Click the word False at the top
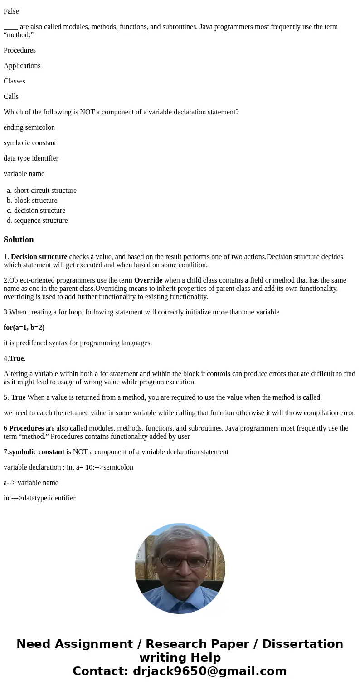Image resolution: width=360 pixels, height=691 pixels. [x=11, y=11]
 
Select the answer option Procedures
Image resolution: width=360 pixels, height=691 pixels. [x=19, y=50]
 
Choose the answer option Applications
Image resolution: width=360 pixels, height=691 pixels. [x=22, y=66]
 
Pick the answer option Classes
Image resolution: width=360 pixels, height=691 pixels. [x=15, y=81]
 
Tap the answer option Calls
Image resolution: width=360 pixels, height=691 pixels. [x=11, y=97]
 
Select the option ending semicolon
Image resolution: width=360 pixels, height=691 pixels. [x=29, y=127]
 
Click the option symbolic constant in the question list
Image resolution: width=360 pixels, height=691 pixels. [x=30, y=143]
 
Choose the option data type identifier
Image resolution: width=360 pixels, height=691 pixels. [x=31, y=158]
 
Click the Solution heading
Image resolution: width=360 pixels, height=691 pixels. [x=19, y=240]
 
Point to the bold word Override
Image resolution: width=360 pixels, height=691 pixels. [x=148, y=280]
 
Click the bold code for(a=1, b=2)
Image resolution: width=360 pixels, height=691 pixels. [x=24, y=328]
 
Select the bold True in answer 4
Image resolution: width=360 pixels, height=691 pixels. [x=16, y=358]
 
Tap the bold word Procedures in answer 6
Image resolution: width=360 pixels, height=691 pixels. [x=26, y=428]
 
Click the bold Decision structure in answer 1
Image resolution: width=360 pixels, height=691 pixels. [x=39, y=257]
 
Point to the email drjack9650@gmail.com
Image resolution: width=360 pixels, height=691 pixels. [x=209, y=671]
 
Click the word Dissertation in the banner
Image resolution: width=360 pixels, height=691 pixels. [x=302, y=644]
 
